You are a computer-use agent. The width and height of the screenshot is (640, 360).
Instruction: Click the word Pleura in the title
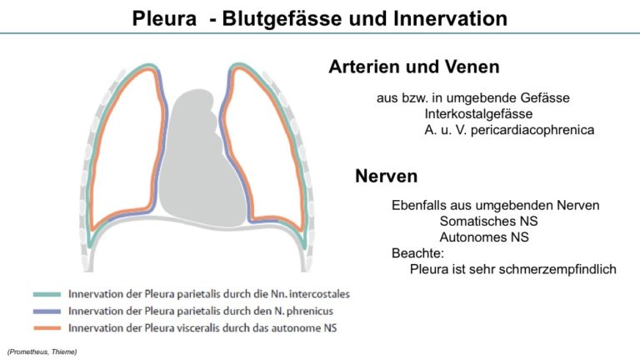(164, 18)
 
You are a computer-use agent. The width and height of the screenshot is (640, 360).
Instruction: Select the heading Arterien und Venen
(414, 67)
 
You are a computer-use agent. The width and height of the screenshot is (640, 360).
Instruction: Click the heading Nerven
(386, 176)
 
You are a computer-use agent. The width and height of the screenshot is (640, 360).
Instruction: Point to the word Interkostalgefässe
(478, 114)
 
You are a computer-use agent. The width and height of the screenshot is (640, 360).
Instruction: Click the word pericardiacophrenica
(532, 130)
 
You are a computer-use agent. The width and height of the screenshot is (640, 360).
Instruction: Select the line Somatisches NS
(488, 221)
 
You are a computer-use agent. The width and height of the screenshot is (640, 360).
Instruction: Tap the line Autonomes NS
(484, 237)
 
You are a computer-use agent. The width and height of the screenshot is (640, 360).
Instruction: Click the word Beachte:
(417, 253)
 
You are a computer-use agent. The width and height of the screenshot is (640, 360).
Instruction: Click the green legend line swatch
(47, 294)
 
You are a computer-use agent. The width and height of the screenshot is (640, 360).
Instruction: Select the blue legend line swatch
(47, 312)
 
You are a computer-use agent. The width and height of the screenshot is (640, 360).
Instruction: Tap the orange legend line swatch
(47, 328)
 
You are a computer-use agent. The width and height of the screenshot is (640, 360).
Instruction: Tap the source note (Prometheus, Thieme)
(42, 352)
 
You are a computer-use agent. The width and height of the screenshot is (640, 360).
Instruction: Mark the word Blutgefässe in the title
(282, 18)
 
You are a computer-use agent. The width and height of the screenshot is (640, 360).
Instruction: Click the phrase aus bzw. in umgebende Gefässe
(473, 98)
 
